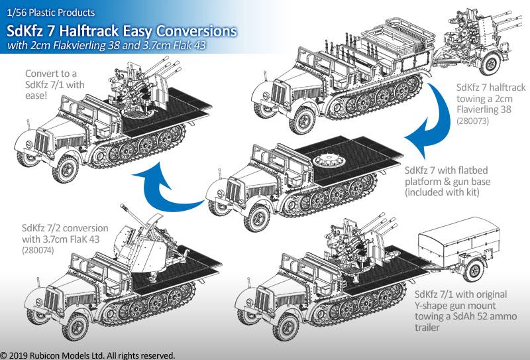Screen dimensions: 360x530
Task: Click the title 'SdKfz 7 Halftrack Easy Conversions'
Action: (122, 31)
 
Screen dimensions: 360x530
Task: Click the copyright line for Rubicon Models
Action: (87, 355)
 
